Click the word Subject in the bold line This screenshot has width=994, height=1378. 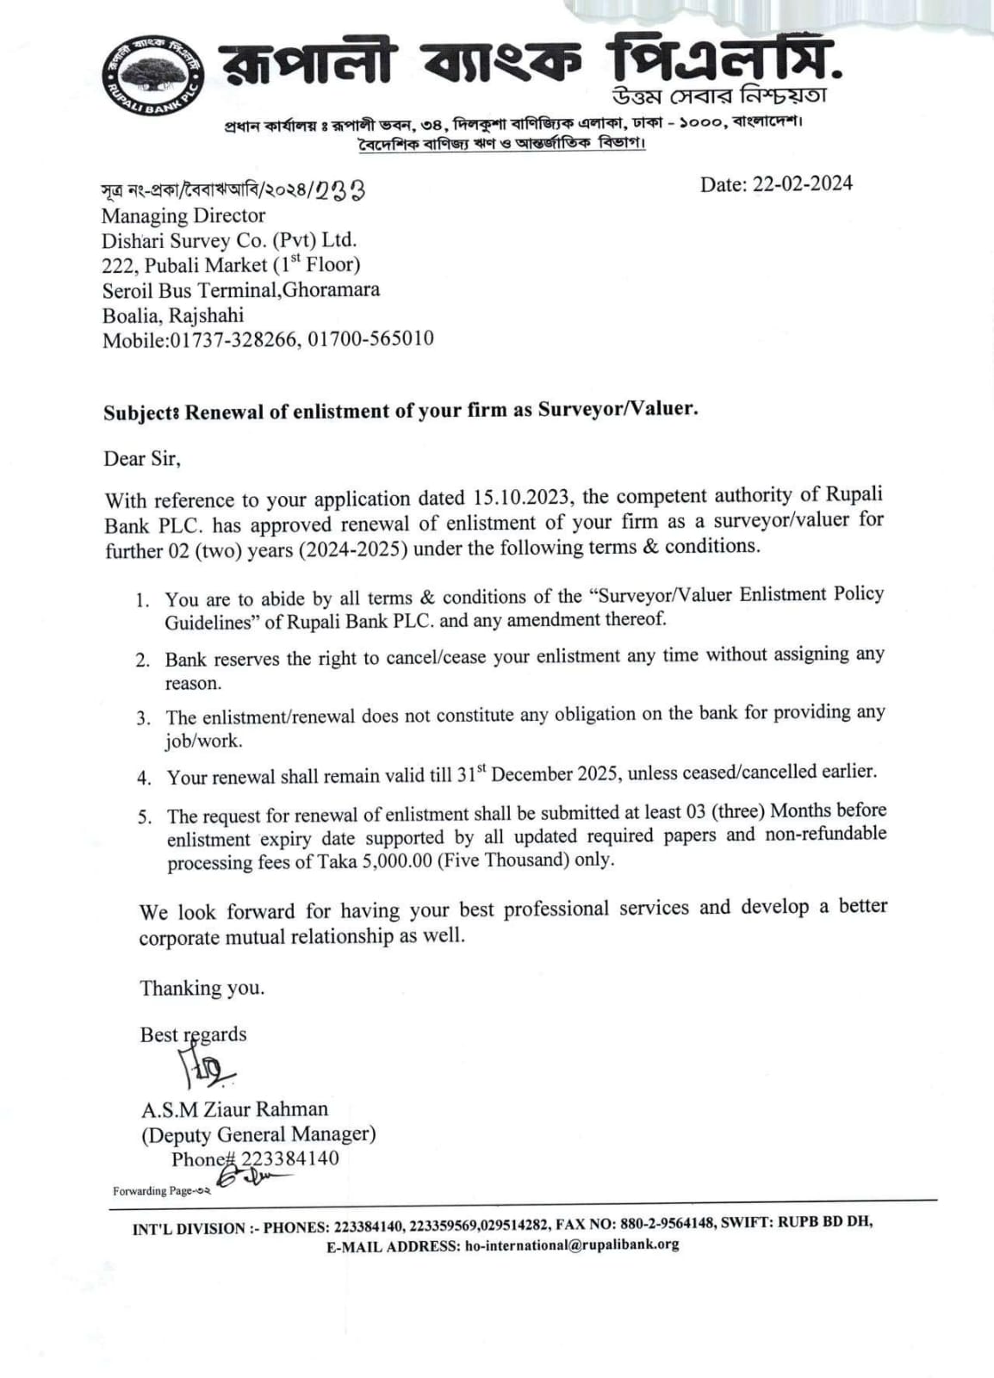tap(140, 413)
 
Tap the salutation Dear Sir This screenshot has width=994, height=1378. tap(142, 458)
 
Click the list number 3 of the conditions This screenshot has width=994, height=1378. tap(144, 717)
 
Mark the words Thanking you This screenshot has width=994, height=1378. tap(202, 988)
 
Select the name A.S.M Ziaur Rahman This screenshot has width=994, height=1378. tap(234, 1108)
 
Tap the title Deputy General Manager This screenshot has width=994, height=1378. tap(258, 1133)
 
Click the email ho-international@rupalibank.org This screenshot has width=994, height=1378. tap(571, 1245)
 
